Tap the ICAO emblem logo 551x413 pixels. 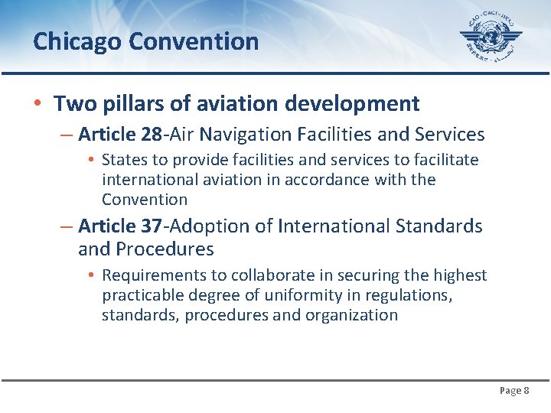coord(491,37)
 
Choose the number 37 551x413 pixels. coord(152,226)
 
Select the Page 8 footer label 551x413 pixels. coord(514,391)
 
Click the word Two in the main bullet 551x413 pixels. coord(70,103)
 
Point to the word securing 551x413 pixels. coord(361,275)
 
